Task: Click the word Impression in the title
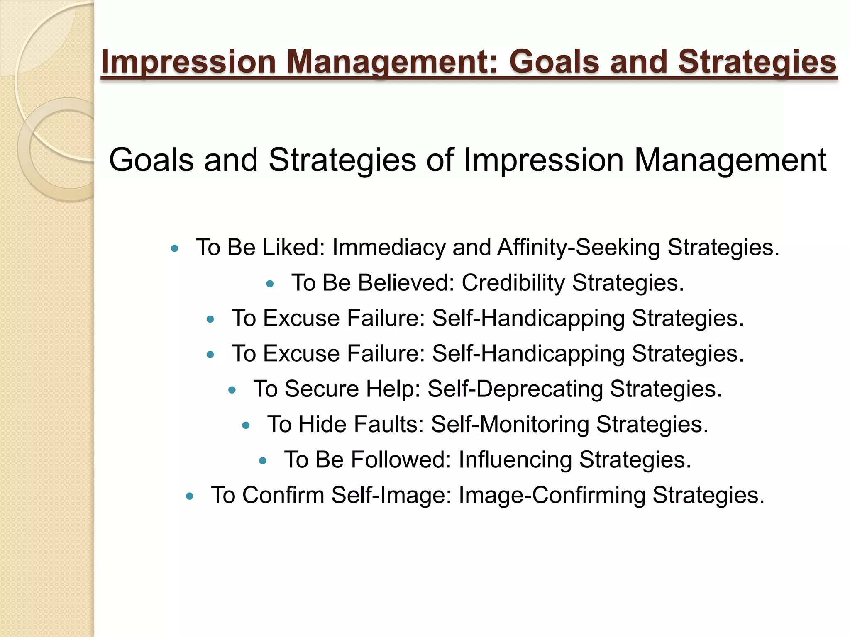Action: (x=189, y=62)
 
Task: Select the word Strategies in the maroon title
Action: (x=757, y=62)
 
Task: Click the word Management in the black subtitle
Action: (x=730, y=160)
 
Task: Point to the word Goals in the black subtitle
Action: (x=151, y=160)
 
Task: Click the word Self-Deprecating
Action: (x=515, y=389)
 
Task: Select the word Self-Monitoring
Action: (x=510, y=425)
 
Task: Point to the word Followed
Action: (x=401, y=460)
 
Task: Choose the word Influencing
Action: (x=515, y=460)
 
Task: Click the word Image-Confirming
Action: (x=552, y=496)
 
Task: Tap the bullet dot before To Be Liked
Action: (x=175, y=249)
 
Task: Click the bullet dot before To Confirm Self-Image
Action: (x=190, y=496)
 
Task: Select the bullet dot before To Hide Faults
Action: (x=246, y=425)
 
